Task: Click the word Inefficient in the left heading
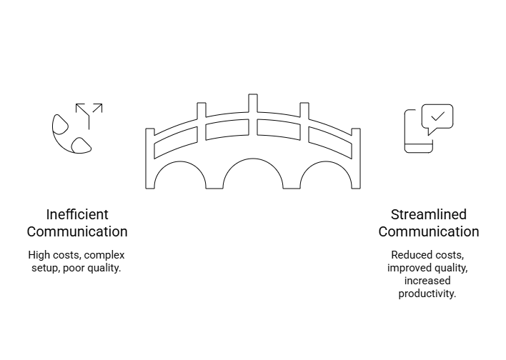point(77,214)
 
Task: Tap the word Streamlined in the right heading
point(429,214)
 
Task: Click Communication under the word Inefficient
point(77,231)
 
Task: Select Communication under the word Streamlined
point(429,231)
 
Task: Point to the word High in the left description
point(39,255)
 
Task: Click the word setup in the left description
point(45,268)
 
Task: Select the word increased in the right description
point(427,281)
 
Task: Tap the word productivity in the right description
point(427,294)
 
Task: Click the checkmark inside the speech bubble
point(437,116)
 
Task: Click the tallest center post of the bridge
point(253,114)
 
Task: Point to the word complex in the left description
point(104,255)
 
